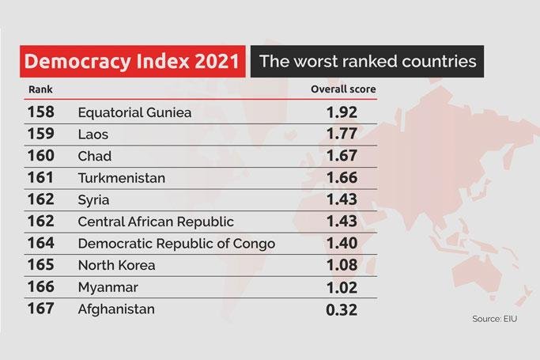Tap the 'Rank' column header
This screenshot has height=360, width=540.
[x=40, y=89]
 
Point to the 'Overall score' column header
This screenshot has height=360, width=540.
[x=342, y=89]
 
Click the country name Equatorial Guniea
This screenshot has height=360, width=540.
[x=135, y=112]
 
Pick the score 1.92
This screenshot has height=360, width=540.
[x=342, y=112]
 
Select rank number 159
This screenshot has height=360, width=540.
[x=41, y=134]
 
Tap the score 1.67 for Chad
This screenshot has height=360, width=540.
[x=342, y=156]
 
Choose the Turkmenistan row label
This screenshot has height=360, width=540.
[x=122, y=178]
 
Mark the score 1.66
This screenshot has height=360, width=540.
[x=342, y=178]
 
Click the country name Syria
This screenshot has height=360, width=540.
[x=94, y=199]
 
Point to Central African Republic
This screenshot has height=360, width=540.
[x=156, y=222]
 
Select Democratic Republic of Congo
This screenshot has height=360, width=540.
[x=176, y=243]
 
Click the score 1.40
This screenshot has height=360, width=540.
[x=342, y=243]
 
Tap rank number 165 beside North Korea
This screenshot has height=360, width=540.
[x=41, y=265]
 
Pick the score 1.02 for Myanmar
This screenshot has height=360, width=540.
[x=342, y=286]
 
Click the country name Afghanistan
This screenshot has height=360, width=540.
[x=116, y=309]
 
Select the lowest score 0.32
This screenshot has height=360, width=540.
[x=342, y=309]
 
